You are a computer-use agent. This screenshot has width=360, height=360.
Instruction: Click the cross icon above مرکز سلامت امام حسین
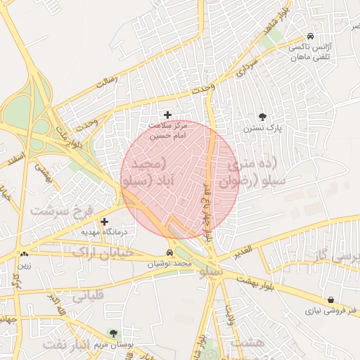[167, 115]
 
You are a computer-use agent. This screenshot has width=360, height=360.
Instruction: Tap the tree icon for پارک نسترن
[262, 117]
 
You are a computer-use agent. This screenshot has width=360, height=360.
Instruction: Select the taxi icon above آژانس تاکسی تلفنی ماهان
[310, 37]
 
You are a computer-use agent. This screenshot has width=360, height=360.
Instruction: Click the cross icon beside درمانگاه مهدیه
[105, 221]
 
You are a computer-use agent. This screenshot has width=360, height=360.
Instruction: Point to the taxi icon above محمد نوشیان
[169, 252]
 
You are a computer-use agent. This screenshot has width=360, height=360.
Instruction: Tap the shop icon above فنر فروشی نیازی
[330, 300]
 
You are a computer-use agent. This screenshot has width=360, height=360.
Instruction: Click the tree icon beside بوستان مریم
[113, 333]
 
